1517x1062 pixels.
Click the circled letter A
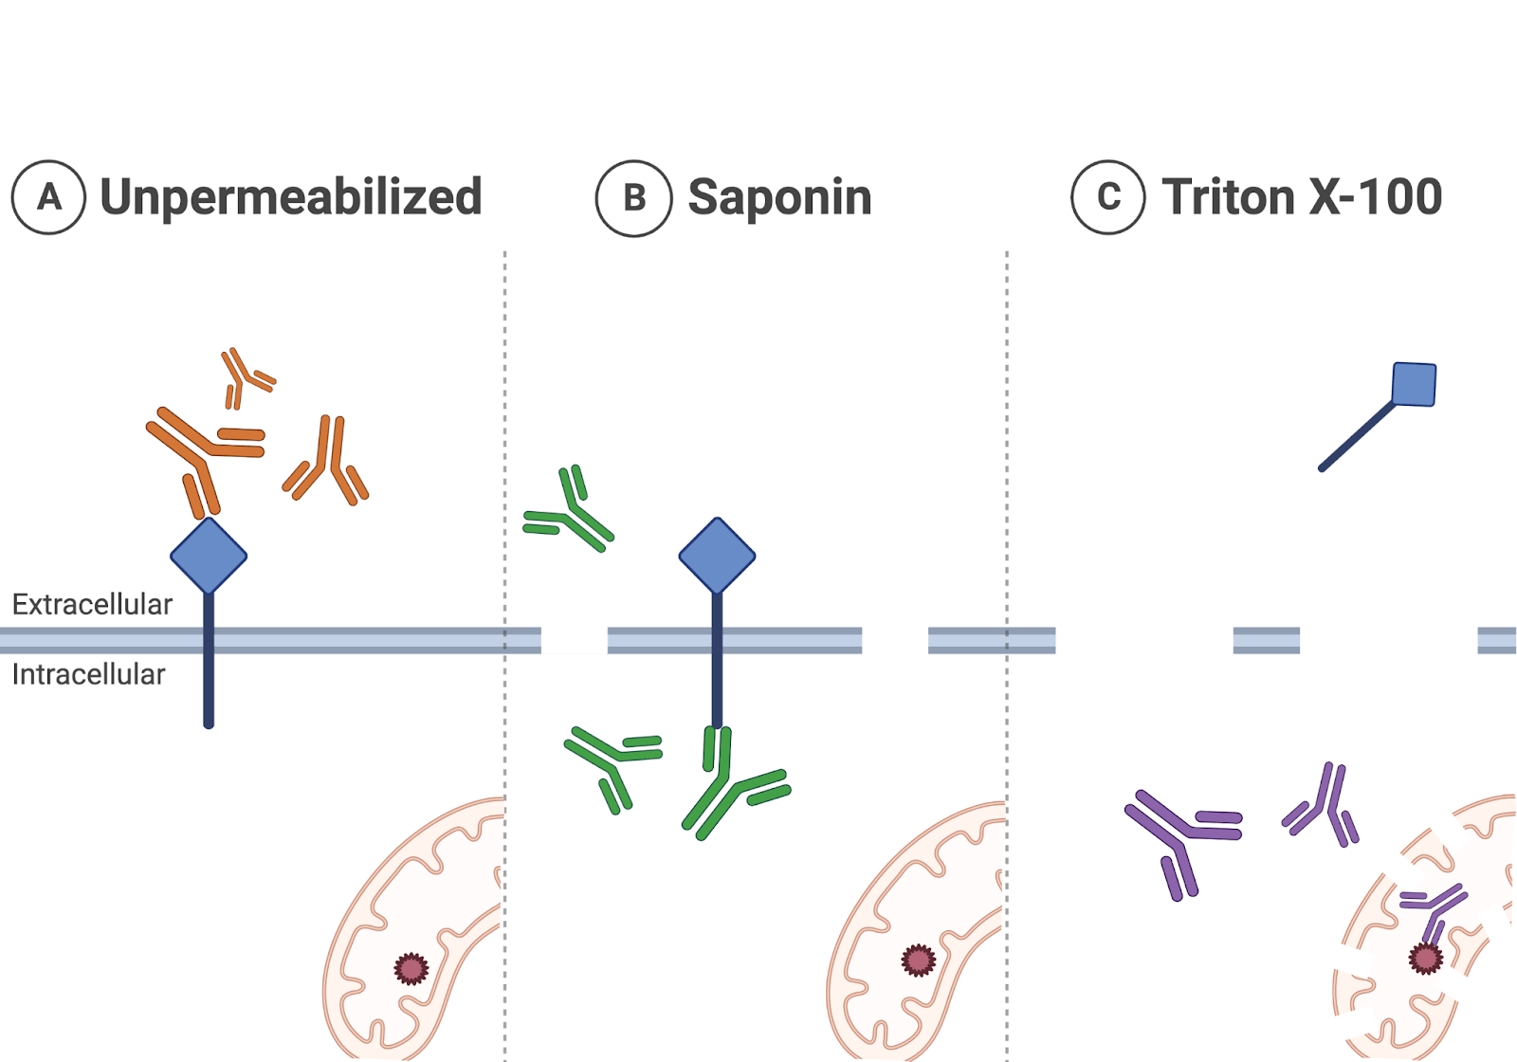[48, 197]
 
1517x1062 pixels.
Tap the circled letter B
[633, 198]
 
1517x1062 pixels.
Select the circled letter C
[1107, 197]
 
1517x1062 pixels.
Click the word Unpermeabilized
[291, 197]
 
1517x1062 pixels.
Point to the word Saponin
[779, 197]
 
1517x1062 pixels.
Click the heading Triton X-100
[1302, 197]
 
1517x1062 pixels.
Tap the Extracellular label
[92, 604]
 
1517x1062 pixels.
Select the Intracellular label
[88, 674]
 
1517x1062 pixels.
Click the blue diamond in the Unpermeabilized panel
[209, 556]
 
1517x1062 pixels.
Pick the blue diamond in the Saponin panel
[717, 556]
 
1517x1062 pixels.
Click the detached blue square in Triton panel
[1414, 384]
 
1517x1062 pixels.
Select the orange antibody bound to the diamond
[202, 453]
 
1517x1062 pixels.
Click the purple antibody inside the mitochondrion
[1433, 910]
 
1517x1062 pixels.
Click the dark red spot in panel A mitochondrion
[411, 968]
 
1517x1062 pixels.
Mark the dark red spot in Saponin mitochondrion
[918, 961]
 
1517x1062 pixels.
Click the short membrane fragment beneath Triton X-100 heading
[1266, 640]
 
